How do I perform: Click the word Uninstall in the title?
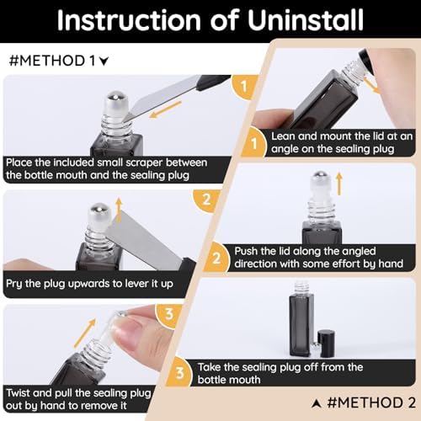click(x=306, y=19)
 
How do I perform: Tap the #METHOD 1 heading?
click(x=59, y=61)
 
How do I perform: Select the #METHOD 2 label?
click(x=364, y=402)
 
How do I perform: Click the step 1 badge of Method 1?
click(x=243, y=87)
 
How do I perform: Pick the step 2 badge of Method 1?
click(x=206, y=200)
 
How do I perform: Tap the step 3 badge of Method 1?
click(x=169, y=315)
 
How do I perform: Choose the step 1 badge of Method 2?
click(x=253, y=144)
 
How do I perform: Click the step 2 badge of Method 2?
click(x=216, y=258)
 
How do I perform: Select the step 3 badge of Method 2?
click(x=179, y=373)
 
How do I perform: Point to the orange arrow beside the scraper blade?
click(x=166, y=109)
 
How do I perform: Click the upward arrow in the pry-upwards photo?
click(x=119, y=210)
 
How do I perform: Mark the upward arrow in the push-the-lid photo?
click(x=339, y=184)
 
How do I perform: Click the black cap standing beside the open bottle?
click(x=327, y=344)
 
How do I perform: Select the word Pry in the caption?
click(x=13, y=284)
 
